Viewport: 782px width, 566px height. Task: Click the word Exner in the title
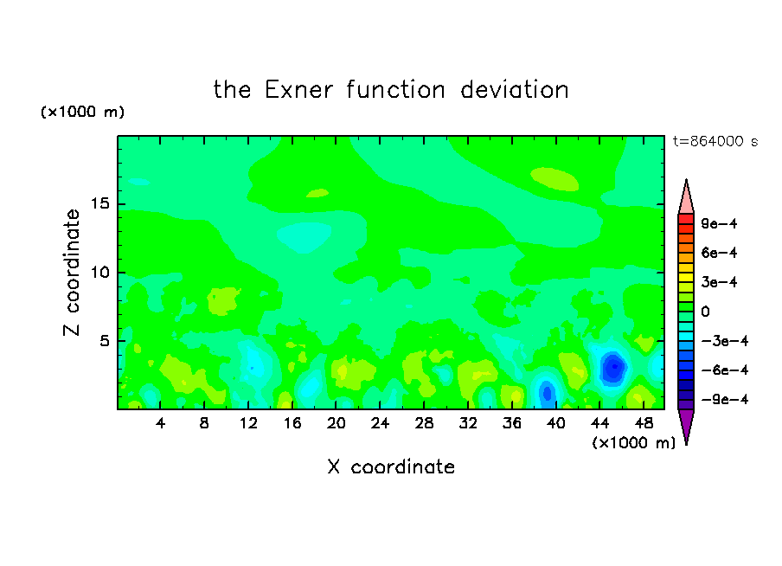click(298, 90)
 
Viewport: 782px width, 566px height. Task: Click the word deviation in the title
click(515, 90)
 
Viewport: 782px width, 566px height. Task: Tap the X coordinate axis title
click(391, 467)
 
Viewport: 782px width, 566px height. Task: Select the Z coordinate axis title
click(72, 273)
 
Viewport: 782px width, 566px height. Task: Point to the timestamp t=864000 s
click(715, 142)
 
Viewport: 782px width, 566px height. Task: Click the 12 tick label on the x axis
click(248, 424)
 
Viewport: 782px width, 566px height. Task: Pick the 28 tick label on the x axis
click(424, 424)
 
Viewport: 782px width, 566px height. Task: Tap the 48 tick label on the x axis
click(644, 424)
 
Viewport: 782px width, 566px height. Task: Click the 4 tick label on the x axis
click(160, 424)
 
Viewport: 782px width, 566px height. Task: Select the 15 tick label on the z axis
click(100, 203)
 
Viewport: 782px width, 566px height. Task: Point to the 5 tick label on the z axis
click(104, 341)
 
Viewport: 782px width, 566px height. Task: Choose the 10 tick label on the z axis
click(100, 273)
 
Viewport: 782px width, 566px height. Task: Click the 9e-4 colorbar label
click(719, 223)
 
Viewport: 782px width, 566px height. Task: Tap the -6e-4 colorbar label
click(725, 370)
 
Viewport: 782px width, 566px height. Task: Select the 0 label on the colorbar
click(705, 312)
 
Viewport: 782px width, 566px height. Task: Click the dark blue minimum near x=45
click(613, 368)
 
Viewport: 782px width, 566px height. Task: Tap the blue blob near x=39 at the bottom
click(547, 393)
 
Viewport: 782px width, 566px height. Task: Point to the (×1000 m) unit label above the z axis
click(82, 112)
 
